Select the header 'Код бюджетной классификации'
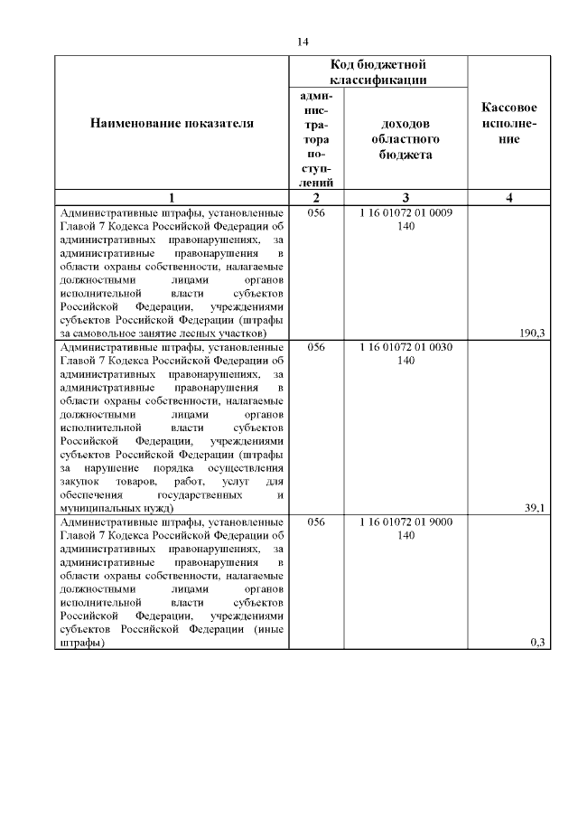[x=378, y=72]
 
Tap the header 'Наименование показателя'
[x=172, y=123]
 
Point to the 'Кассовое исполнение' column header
[x=509, y=123]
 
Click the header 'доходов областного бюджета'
[x=406, y=139]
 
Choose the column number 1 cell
[x=172, y=198]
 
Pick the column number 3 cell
[x=406, y=198]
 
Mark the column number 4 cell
[x=509, y=198]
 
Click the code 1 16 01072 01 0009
[x=406, y=213]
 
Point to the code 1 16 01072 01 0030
[x=406, y=347]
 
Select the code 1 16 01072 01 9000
[x=406, y=522]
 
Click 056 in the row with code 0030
[x=316, y=347]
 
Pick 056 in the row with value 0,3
[x=316, y=522]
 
